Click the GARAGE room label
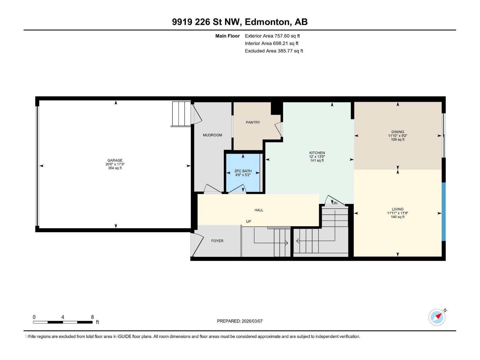[115, 160]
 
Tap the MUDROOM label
[212, 135]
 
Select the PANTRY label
[253, 122]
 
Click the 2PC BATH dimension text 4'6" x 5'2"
[243, 175]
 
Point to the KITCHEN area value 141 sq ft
[317, 160]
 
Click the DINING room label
[397, 132]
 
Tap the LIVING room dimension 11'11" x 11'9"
[397, 213]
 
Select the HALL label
[259, 210]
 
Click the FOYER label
[217, 241]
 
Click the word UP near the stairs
[248, 221]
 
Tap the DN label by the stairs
[335, 203]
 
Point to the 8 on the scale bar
[92, 317]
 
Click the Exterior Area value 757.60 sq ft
[287, 36]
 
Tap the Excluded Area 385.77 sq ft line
[274, 51]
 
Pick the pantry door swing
[278, 129]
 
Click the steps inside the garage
[181, 114]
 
